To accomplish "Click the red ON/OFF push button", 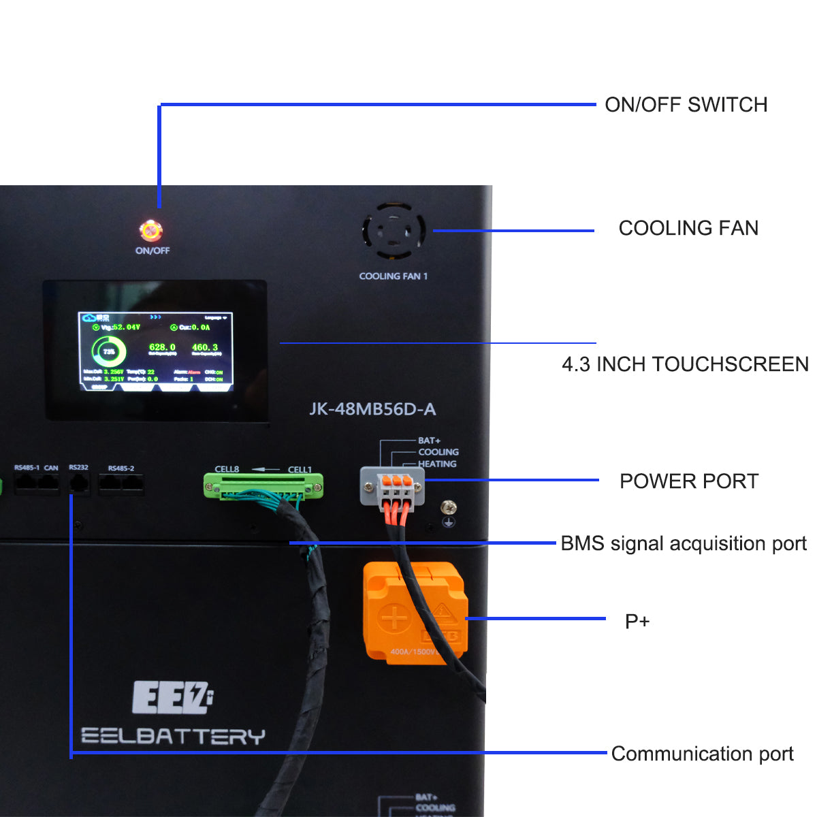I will click(150, 230).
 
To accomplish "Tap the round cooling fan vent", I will click(394, 231).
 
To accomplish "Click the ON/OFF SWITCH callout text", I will click(686, 105).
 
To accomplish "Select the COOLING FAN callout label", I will click(688, 228).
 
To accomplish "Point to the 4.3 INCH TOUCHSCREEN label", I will click(685, 364).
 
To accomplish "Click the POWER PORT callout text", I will click(688, 481).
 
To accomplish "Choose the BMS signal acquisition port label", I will click(683, 543).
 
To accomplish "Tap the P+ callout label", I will click(637, 621).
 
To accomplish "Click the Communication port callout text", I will click(702, 754).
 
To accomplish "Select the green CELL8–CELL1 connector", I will click(263, 485).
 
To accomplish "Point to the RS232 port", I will click(79, 483).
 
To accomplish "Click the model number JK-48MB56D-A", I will click(372, 409).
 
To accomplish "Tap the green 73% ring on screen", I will click(109, 352).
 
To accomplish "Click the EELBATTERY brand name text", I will click(173, 736).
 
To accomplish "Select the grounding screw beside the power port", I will click(449, 507).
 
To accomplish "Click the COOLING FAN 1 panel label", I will click(394, 276).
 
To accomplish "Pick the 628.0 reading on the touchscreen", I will click(162, 347).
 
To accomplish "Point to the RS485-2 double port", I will click(121, 483).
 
